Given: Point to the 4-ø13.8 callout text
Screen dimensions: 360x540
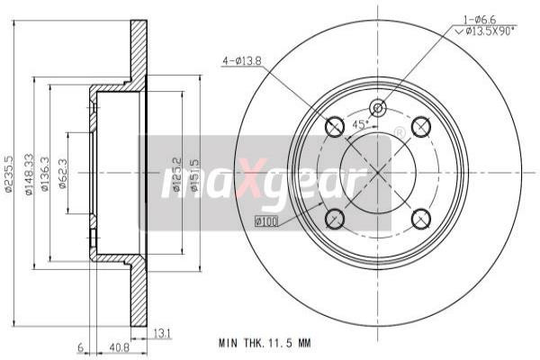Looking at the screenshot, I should pos(241,60).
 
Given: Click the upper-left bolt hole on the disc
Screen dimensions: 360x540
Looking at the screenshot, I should pos(334,127).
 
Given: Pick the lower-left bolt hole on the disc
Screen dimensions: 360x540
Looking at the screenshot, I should pos(334,217).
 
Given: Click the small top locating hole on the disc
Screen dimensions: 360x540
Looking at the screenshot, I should pos(378,108).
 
